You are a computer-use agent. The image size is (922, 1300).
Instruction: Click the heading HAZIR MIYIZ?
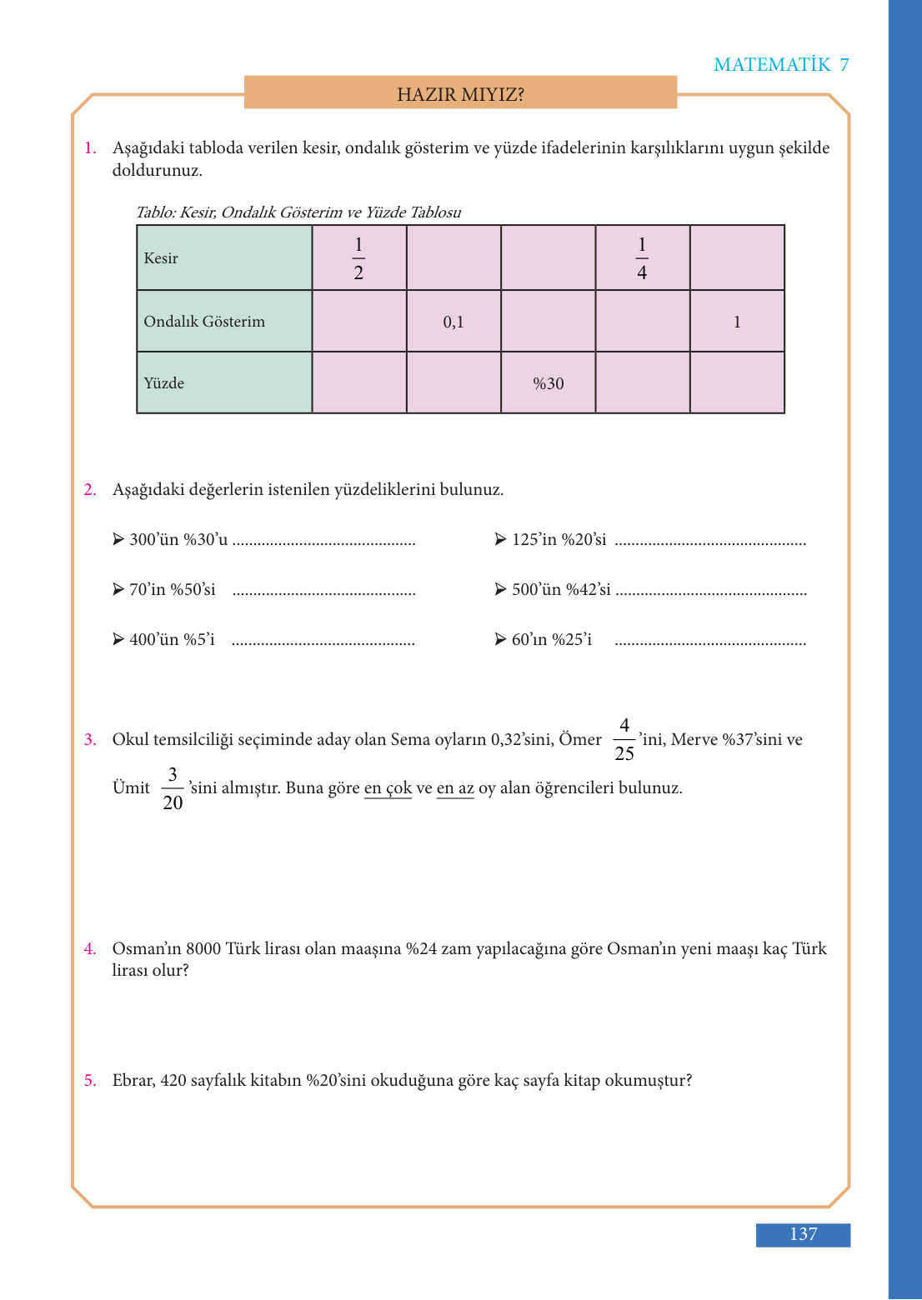coord(460,94)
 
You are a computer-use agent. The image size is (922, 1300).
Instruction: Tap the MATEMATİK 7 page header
coord(781,65)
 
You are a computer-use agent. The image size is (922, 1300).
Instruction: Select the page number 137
coord(803,1234)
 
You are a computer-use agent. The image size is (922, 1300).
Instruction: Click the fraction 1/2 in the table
coord(358,258)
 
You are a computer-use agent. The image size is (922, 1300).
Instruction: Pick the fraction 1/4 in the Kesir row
coord(642,258)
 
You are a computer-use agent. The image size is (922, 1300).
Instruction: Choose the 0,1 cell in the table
coord(453,322)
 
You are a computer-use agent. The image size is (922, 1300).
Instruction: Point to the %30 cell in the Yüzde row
coord(549,384)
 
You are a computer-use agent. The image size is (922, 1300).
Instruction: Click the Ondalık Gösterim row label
coord(204,322)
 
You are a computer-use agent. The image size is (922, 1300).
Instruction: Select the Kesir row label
coord(161,258)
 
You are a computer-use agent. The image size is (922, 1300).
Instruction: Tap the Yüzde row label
coord(164,383)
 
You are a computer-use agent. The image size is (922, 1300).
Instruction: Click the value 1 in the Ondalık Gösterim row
coord(737,322)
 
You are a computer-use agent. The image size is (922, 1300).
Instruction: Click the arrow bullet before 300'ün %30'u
coord(118,539)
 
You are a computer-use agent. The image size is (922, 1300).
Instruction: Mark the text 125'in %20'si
coord(559,540)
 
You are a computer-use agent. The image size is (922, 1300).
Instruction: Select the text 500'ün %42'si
coord(561,590)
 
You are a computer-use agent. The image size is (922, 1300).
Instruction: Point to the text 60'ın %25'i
coord(552,640)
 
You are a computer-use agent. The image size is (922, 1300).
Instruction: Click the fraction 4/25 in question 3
coord(624,739)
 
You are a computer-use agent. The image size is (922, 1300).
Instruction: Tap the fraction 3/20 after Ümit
coord(173,788)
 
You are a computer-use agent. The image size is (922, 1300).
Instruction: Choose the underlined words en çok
coord(388,788)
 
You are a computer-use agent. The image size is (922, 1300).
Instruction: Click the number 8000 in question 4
coord(203,949)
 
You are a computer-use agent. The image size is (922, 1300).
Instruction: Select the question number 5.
coord(89,1081)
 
